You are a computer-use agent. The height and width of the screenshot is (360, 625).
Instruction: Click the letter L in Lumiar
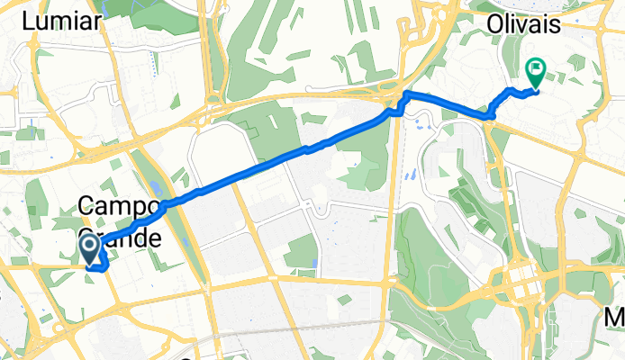[x=34, y=21]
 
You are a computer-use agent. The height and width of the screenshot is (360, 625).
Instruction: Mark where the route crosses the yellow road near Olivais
[x=490, y=115]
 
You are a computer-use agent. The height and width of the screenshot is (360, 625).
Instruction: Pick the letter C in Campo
[x=87, y=205]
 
